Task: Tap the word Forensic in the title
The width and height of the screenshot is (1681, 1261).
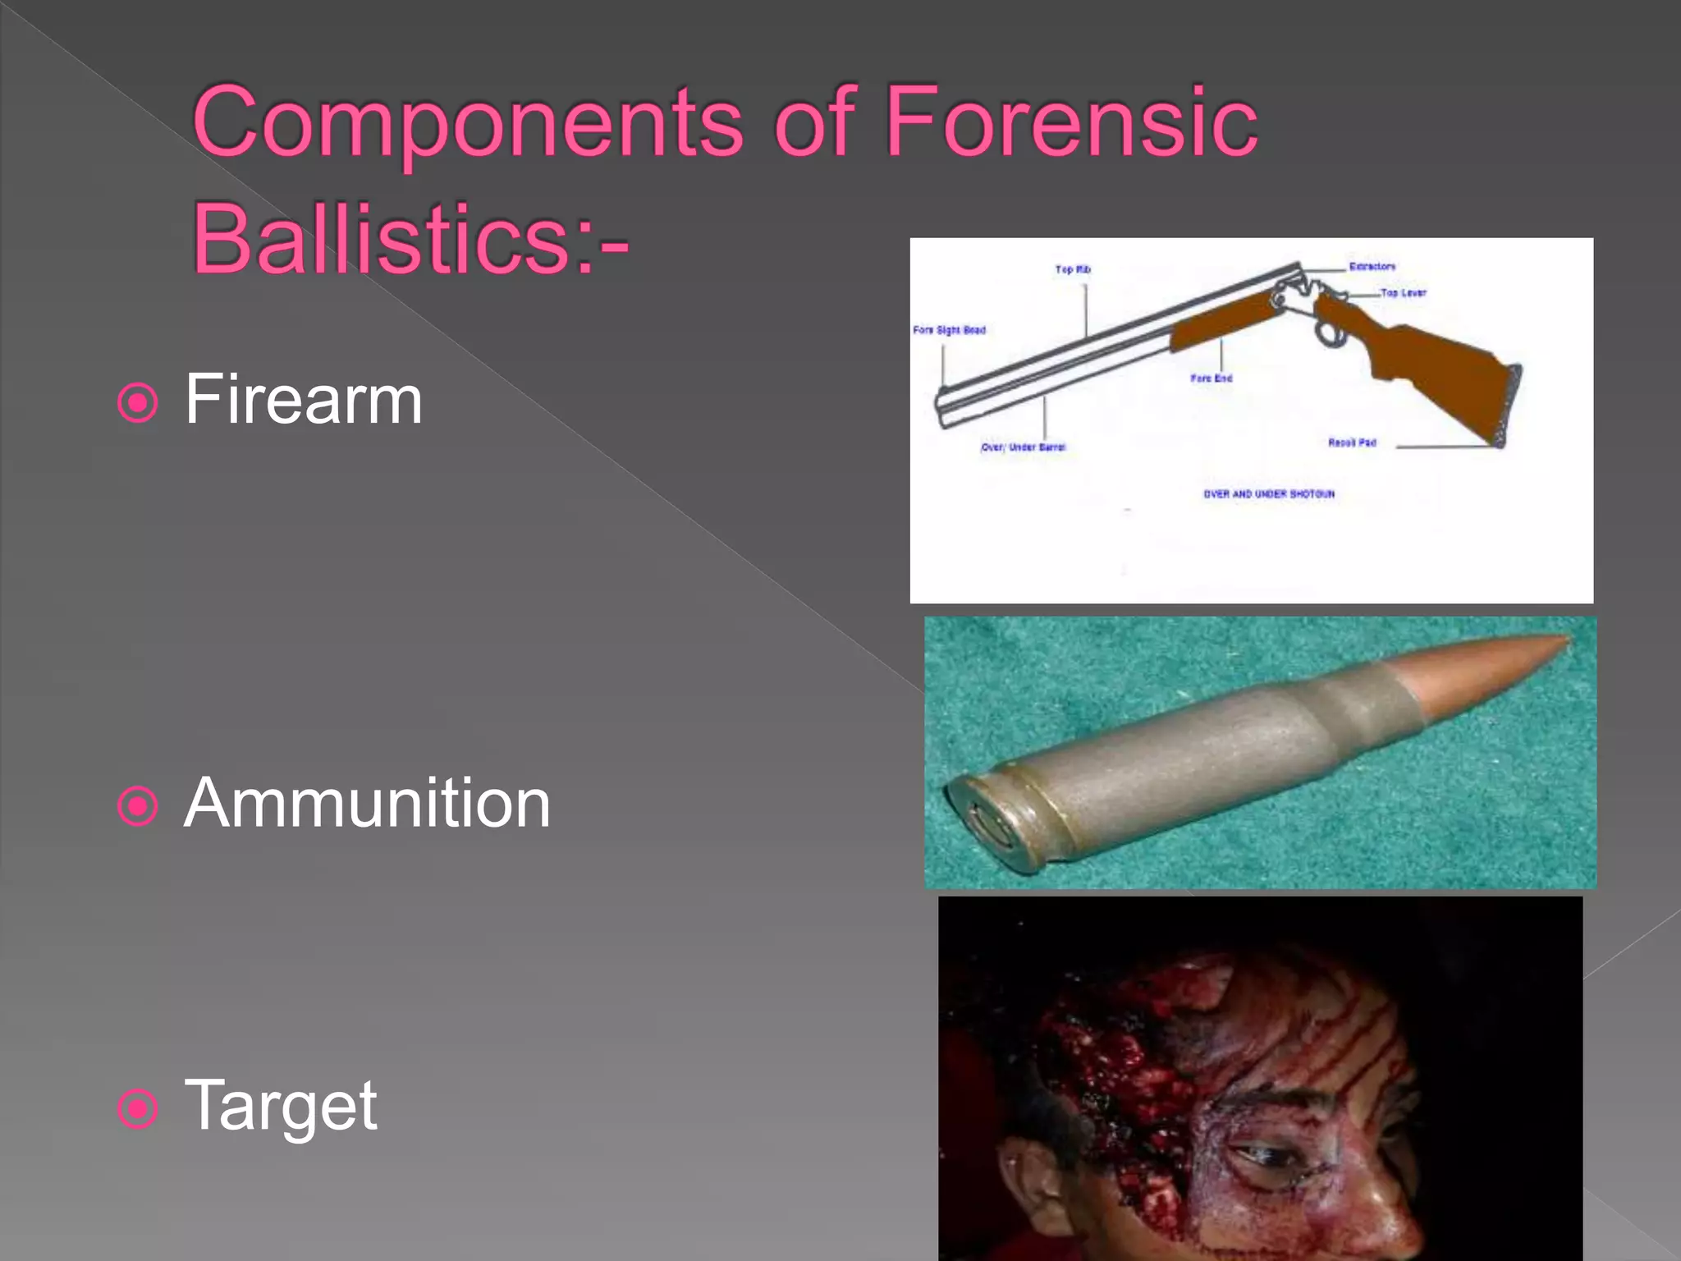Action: coord(1070,123)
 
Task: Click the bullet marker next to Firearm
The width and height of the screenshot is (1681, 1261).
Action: coord(137,402)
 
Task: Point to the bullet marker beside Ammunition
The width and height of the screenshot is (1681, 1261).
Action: coord(137,805)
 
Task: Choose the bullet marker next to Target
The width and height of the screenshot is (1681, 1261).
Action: coord(137,1109)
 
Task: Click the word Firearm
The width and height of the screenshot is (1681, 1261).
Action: coord(303,400)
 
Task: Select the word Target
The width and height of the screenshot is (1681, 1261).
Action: coord(281,1107)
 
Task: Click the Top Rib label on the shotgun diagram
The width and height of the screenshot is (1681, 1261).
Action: coord(1073,269)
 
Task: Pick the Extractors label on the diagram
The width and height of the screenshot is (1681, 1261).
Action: coord(1372,267)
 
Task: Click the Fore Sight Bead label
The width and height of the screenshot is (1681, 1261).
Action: coord(949,330)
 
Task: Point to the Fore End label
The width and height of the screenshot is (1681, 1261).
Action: coord(1212,378)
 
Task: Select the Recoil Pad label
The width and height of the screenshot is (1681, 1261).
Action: coord(1352,442)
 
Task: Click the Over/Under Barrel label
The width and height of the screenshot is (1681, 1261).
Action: coord(1024,447)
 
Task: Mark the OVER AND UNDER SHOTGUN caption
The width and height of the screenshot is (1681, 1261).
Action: coord(1269,494)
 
